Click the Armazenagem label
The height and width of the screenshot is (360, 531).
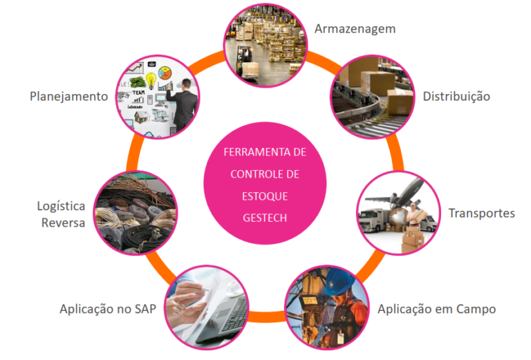click(355, 29)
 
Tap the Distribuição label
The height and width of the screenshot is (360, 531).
click(456, 96)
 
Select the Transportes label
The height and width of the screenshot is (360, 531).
click(481, 213)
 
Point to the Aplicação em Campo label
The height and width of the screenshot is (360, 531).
click(436, 309)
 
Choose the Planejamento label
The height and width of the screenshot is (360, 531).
click(69, 96)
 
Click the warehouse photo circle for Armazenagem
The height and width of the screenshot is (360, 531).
click(265, 41)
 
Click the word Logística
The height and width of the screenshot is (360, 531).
click(62, 206)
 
